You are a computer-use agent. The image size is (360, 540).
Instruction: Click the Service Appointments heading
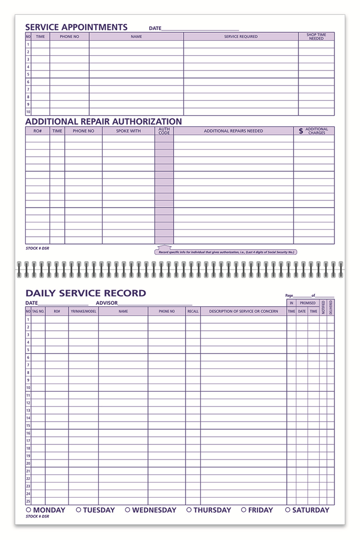(x=76, y=27)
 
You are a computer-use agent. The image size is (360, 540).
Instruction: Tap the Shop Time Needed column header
(x=316, y=36)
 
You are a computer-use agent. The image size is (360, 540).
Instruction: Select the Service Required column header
(x=241, y=36)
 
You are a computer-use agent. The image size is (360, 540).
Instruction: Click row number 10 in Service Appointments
(x=28, y=112)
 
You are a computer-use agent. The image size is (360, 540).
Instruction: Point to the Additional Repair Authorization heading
(x=104, y=121)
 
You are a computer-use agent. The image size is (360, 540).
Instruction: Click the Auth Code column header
(x=164, y=131)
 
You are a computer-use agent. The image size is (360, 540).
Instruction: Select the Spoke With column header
(x=128, y=131)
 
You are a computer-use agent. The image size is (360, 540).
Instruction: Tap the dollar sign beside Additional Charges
(x=301, y=131)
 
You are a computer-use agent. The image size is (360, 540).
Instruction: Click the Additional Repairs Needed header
(x=233, y=131)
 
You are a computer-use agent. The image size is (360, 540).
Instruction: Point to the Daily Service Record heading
(x=85, y=293)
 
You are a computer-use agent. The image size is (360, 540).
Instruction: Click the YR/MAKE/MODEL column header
(x=84, y=312)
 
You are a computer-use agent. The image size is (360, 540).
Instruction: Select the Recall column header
(x=193, y=312)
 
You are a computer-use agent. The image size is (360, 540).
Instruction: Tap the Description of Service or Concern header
(x=243, y=312)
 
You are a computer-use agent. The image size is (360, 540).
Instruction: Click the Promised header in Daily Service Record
(x=308, y=303)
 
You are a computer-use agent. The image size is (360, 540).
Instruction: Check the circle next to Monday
(x=28, y=510)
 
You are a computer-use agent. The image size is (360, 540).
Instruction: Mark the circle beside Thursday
(x=189, y=510)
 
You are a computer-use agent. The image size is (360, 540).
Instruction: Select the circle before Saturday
(x=288, y=510)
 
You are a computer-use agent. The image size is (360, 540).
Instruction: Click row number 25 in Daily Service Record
(x=28, y=501)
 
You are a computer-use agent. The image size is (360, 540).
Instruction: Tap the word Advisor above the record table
(x=106, y=303)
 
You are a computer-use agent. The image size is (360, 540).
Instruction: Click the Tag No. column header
(x=38, y=312)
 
